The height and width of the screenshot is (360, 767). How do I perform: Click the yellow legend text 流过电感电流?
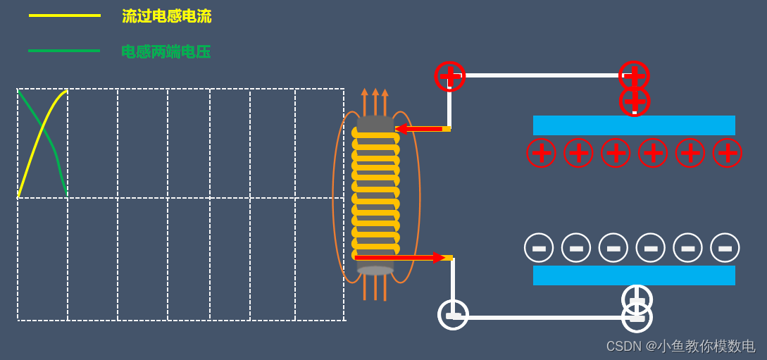pos(166,16)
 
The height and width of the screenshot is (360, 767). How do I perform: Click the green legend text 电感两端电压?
pos(166,51)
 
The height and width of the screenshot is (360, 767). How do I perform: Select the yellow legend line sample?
pos(64,15)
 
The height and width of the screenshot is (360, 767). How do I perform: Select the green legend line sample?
pos(64,51)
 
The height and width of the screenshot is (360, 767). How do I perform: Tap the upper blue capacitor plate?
pos(634,125)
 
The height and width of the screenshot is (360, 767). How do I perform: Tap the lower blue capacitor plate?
pos(634,275)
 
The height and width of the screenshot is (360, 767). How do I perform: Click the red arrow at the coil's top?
pos(420,129)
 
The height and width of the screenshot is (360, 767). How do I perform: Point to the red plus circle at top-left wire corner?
pos(450,76)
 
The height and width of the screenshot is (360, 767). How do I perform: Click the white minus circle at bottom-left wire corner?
pos(453,315)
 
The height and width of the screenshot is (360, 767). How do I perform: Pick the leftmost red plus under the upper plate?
pos(541,153)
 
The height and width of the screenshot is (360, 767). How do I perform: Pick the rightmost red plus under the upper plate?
pos(727,153)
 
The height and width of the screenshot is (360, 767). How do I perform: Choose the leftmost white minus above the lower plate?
pos(539,248)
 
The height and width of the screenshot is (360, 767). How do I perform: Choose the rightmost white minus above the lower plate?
pos(725,248)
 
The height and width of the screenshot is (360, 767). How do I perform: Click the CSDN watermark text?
pos(680,346)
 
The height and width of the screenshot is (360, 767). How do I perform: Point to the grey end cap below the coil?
pos(375,271)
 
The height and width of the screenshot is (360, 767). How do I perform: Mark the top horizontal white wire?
pos(542,75)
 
